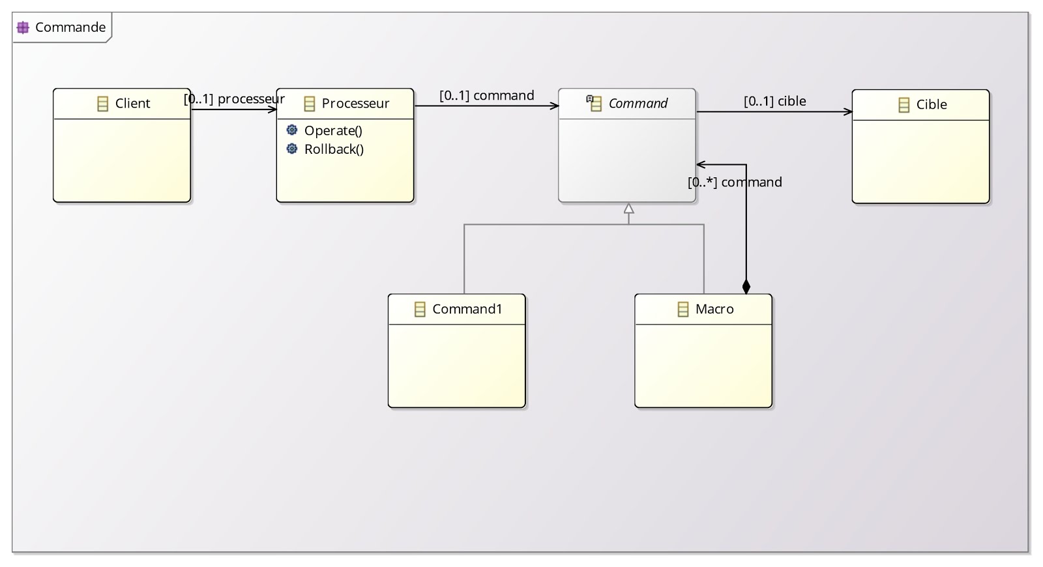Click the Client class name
(x=132, y=104)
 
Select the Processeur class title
(x=355, y=104)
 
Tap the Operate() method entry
(x=333, y=131)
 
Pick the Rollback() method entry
(x=334, y=149)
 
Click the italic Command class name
(x=638, y=104)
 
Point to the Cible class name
(x=931, y=105)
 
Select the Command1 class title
(x=467, y=309)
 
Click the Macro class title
(x=714, y=309)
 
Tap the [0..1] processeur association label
(x=234, y=99)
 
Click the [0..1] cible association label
(x=774, y=101)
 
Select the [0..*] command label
(x=735, y=182)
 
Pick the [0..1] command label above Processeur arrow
(x=486, y=96)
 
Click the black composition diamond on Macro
(x=746, y=286)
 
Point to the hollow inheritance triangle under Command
(x=628, y=209)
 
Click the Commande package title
(x=70, y=27)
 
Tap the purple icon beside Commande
(x=23, y=27)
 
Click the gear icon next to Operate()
(x=292, y=130)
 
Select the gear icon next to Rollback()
(x=292, y=149)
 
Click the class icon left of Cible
(x=903, y=105)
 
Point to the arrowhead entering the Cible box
(x=848, y=112)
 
